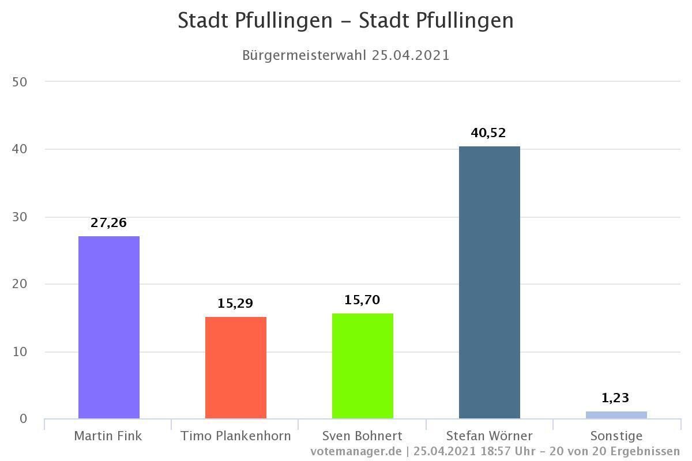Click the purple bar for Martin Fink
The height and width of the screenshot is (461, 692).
(109, 327)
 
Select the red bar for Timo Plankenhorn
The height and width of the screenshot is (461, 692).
(236, 368)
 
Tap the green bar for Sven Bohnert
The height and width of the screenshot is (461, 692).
(363, 366)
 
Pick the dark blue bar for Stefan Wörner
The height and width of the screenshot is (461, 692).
(490, 282)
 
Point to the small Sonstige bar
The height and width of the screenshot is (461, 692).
(616, 415)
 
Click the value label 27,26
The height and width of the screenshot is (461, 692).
(108, 223)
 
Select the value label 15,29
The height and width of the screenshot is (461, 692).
(235, 304)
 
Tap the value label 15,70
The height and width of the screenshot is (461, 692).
(362, 300)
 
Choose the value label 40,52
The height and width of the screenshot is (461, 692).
(488, 133)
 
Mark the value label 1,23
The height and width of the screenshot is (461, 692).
(615, 398)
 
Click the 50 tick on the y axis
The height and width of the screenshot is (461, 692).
(20, 82)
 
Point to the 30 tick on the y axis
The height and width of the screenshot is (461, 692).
(20, 217)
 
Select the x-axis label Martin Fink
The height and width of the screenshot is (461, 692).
(108, 436)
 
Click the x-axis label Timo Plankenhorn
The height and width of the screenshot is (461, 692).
(236, 436)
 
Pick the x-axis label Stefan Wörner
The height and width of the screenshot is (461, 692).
(490, 436)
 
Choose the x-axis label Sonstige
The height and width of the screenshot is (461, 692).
(616, 436)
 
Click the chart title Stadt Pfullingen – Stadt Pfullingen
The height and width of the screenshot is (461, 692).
(345, 21)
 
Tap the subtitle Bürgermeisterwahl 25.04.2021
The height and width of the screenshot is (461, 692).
(345, 55)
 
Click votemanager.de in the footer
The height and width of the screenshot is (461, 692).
(356, 451)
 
